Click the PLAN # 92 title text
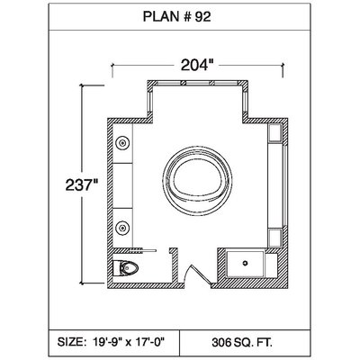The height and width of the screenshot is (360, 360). point(176,17)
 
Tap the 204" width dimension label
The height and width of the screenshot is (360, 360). point(197,65)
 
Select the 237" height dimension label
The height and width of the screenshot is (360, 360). point(82,184)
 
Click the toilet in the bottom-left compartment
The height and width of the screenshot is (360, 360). point(126,268)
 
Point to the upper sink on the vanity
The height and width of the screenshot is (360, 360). point(122,143)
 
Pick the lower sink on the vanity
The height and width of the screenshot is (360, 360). point(122,227)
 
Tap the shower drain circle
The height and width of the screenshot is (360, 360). point(245,263)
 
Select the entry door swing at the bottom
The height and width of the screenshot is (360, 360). point(196,274)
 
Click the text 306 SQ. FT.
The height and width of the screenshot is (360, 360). point(242,342)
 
